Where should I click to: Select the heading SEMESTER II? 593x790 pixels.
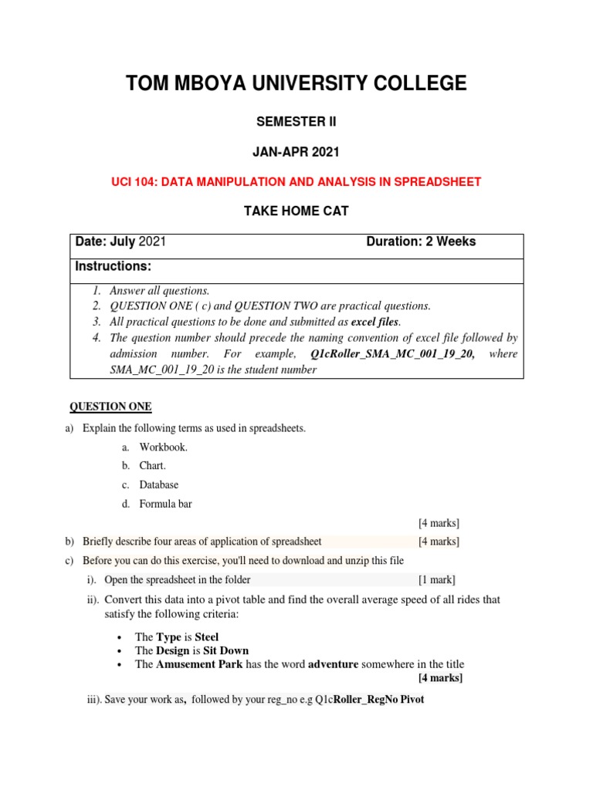click(x=296, y=121)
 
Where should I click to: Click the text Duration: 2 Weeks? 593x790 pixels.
click(x=421, y=241)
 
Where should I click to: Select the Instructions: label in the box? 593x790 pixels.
click(x=113, y=266)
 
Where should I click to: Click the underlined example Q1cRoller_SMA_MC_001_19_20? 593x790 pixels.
click(x=392, y=353)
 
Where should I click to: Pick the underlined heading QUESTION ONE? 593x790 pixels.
click(x=111, y=407)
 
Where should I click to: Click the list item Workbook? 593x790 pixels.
click(x=164, y=447)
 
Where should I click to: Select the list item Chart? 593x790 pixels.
click(x=153, y=466)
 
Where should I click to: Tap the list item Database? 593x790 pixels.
click(x=159, y=484)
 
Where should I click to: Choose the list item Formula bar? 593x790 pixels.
click(x=166, y=504)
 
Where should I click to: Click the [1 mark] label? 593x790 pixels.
click(x=437, y=579)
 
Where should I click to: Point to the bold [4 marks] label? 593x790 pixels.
click(x=440, y=678)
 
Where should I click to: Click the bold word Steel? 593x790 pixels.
click(x=207, y=636)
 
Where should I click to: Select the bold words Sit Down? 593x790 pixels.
click(x=226, y=650)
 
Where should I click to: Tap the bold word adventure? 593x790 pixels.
click(x=337, y=664)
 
